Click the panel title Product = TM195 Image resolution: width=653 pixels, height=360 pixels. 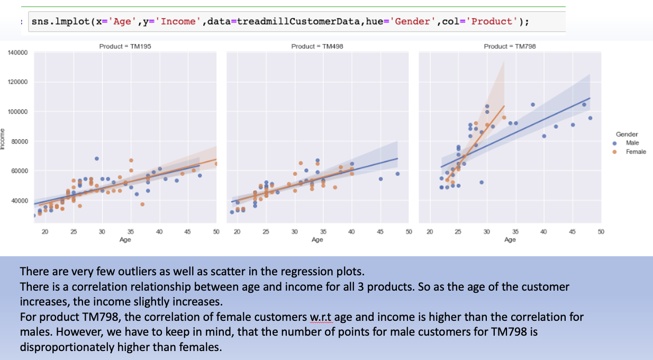[125, 47]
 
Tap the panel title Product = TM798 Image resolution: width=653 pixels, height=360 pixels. [510, 47]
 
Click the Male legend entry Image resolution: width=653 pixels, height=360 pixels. [632, 143]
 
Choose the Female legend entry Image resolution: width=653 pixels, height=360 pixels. [636, 152]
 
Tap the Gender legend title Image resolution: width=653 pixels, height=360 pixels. [627, 134]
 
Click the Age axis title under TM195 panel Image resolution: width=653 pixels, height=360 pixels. [125, 240]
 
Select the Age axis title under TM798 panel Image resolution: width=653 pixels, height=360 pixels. [510, 240]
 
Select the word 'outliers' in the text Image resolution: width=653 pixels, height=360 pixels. [142, 272]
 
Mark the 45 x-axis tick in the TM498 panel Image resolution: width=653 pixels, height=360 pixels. [380, 232]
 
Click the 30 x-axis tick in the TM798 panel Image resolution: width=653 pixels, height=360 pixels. [486, 232]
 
